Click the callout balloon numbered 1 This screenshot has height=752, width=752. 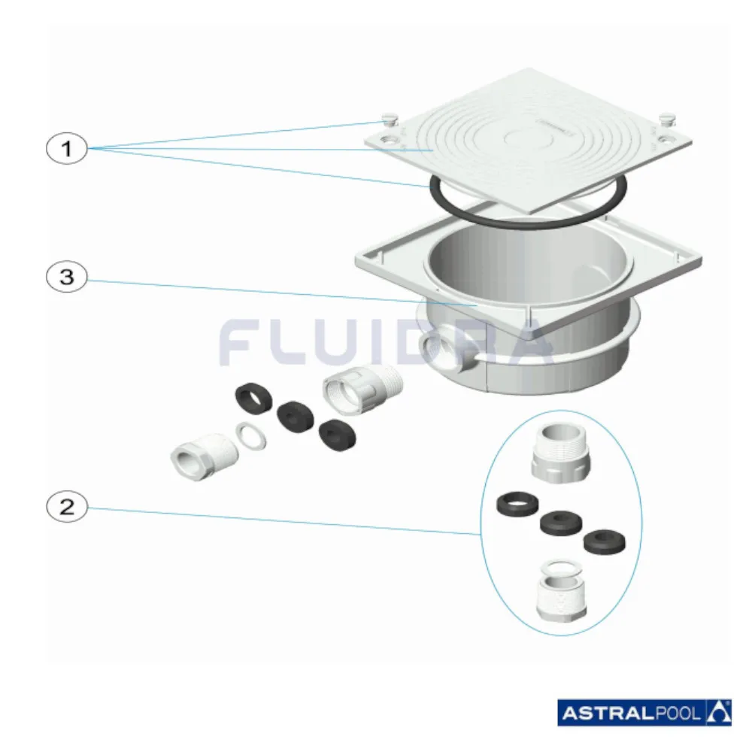[x=67, y=148]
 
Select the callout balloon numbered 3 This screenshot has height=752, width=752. [x=67, y=277]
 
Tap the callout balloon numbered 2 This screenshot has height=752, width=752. [x=67, y=506]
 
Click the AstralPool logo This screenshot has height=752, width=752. [x=644, y=713]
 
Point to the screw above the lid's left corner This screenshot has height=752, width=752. [x=389, y=119]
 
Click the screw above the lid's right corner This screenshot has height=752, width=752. [x=666, y=119]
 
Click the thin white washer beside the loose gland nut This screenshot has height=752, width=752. [x=251, y=437]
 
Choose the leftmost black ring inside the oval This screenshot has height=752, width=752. [x=517, y=504]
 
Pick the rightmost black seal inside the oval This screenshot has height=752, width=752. [x=605, y=542]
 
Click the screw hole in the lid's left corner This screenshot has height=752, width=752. [x=387, y=141]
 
